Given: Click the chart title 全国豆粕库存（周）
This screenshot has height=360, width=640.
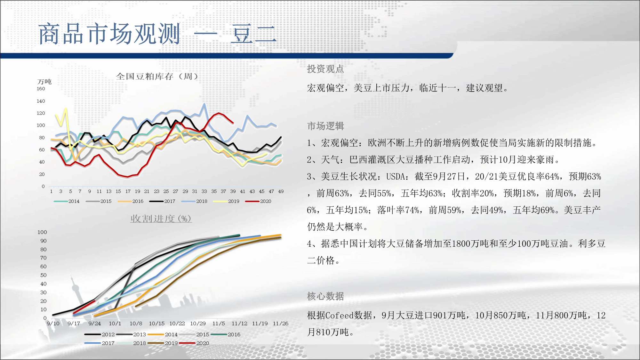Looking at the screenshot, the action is [157, 76].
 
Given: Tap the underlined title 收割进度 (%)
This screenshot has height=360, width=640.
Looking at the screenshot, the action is [161, 219].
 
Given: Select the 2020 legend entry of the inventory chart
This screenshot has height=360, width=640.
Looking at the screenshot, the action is [258, 201].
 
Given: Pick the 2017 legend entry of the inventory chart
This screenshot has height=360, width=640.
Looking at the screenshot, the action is [162, 201].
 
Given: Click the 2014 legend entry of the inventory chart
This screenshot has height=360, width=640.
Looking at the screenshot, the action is [67, 201].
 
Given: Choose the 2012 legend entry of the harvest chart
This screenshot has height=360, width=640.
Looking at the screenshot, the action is [100, 334].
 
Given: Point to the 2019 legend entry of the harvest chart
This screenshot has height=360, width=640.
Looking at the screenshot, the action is [163, 343].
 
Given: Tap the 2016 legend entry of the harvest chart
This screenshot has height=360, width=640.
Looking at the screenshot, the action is [225, 334].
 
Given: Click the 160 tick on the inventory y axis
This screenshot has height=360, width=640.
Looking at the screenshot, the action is [41, 89].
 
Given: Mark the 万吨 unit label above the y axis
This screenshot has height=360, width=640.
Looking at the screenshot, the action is [44, 82].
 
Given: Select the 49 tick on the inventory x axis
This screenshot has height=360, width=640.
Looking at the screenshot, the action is [281, 191].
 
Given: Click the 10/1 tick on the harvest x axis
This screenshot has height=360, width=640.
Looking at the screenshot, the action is [115, 324].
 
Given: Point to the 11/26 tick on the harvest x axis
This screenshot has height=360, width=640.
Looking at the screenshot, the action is [281, 324].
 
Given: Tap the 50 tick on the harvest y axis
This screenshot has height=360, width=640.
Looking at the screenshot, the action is [44, 275].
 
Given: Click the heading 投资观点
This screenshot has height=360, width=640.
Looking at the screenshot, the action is [325, 69].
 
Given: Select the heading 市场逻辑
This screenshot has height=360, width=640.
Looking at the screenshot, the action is [325, 126].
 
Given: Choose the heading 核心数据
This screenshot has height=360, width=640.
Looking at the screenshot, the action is [325, 296].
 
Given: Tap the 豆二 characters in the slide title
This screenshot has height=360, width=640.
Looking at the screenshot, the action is [253, 34].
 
